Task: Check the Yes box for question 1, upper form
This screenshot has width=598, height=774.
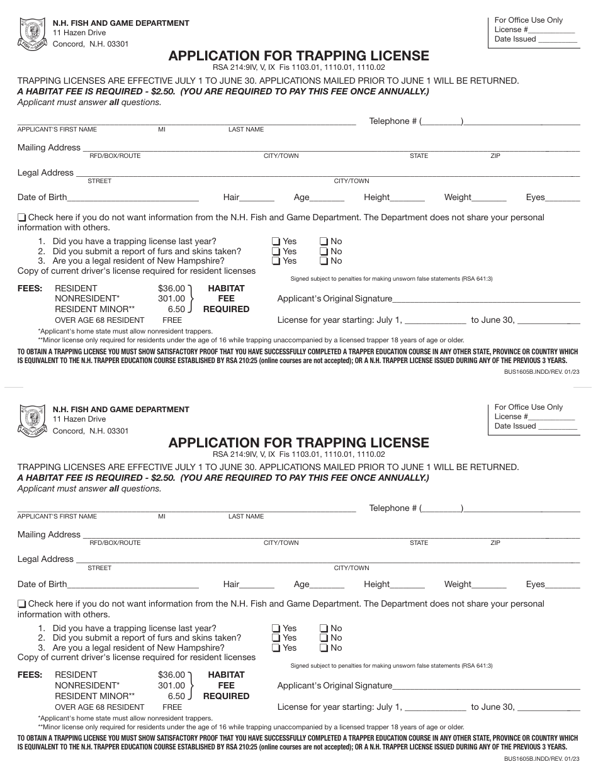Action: (x=276, y=242)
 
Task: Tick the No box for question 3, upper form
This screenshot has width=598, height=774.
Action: (x=323, y=261)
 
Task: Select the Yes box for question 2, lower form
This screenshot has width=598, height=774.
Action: (x=276, y=638)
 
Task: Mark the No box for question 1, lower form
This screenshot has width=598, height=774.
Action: (x=323, y=629)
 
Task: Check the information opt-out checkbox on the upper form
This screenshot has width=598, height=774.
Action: (x=22, y=218)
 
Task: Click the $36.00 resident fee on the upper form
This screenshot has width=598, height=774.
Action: (x=171, y=288)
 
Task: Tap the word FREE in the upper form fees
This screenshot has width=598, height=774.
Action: (x=172, y=320)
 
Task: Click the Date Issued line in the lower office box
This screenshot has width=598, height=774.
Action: (x=557, y=427)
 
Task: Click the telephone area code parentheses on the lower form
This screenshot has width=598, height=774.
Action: (x=441, y=508)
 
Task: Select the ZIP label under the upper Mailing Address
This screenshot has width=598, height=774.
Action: (x=495, y=155)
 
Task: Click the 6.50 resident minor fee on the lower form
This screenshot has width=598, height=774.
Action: (x=176, y=696)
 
